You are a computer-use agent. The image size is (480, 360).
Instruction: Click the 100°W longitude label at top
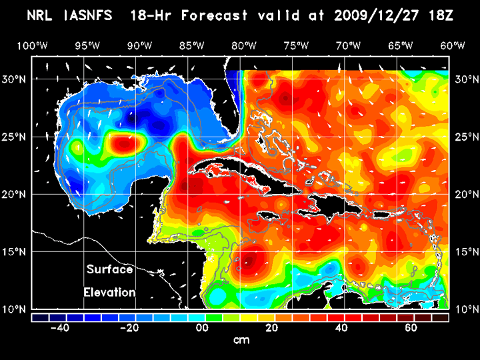(x=33, y=45)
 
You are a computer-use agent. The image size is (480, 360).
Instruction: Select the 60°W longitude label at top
(x=453, y=45)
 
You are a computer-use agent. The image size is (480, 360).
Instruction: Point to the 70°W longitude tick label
(x=348, y=45)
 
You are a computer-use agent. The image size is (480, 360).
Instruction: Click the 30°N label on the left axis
(x=15, y=79)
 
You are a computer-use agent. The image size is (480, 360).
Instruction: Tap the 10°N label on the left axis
(x=15, y=309)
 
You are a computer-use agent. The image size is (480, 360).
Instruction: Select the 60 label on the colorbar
(x=411, y=328)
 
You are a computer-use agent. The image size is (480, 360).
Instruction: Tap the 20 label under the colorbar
(x=272, y=328)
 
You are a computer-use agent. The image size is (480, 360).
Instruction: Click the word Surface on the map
(x=109, y=270)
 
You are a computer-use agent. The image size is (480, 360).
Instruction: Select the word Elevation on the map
(x=109, y=292)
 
